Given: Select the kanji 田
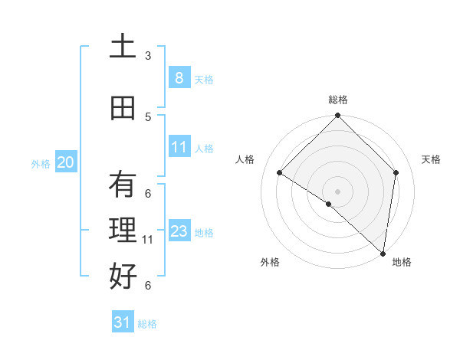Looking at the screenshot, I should click(x=123, y=108).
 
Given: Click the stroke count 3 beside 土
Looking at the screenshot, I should click(x=148, y=56).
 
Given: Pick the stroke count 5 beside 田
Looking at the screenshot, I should click(x=148, y=117).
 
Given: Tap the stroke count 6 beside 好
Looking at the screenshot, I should click(x=148, y=286).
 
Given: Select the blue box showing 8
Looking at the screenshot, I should click(x=179, y=78).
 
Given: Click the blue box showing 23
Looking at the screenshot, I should click(x=179, y=231).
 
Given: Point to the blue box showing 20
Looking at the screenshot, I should click(x=65, y=162).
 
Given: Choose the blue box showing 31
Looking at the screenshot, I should click(x=122, y=322).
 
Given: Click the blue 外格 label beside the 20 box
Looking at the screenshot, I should click(x=41, y=163).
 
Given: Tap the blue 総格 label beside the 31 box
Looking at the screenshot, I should click(x=147, y=324).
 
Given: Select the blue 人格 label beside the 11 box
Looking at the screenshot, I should click(x=204, y=149).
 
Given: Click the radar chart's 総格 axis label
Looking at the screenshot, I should click(x=337, y=100).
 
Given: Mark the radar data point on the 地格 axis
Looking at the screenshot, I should click(x=383, y=253).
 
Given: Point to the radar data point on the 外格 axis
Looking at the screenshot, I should click(x=328, y=204).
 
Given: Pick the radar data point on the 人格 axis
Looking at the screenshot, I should click(x=280, y=173).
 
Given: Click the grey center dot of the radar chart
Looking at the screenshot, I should click(x=337, y=191).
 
